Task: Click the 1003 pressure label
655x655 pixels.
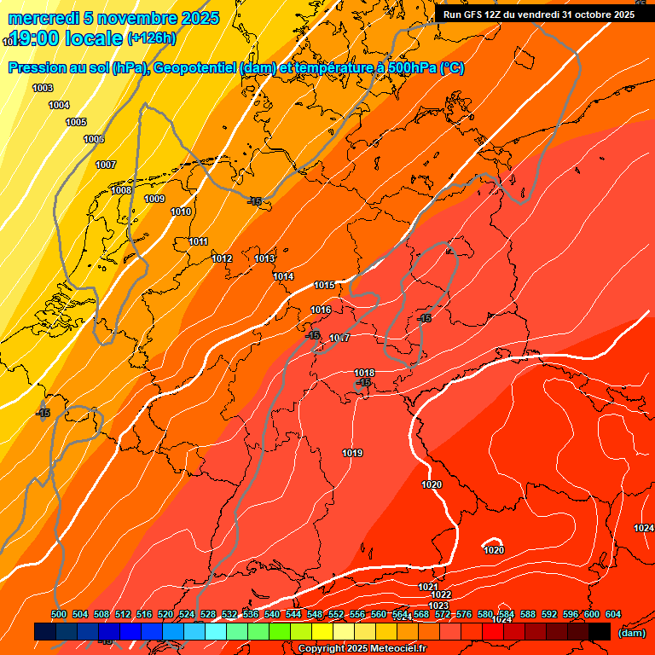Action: tap(43, 89)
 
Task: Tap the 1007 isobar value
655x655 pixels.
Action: tap(106, 165)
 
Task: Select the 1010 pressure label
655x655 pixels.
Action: tap(181, 212)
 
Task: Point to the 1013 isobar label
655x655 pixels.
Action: tap(264, 258)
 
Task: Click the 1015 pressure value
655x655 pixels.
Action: tap(324, 285)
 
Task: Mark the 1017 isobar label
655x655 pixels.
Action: tap(339, 338)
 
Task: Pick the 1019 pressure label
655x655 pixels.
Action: tap(352, 453)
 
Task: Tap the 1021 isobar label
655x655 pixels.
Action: tap(428, 587)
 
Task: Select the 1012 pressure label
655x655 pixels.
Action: tap(222, 258)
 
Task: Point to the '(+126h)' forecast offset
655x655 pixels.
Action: tap(151, 38)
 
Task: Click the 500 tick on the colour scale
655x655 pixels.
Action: tap(59, 614)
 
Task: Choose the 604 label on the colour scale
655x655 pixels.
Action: tap(612, 614)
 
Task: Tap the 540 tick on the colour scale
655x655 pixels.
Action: tap(272, 614)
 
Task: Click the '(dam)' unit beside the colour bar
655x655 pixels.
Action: tap(631, 633)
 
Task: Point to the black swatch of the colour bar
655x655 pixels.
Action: tap(600, 631)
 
